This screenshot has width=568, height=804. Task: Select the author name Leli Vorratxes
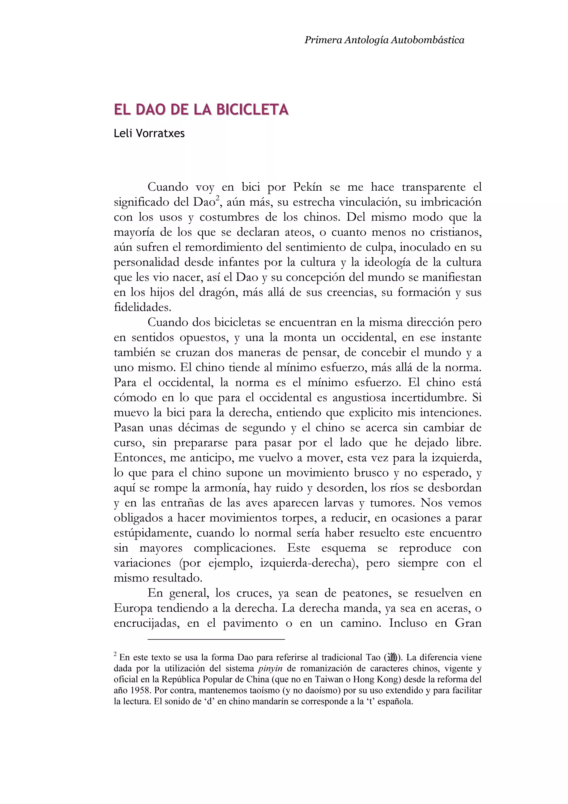pos(149,133)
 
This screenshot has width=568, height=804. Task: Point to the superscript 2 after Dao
pos(217,199)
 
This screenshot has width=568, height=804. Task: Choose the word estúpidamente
pos(152,533)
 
